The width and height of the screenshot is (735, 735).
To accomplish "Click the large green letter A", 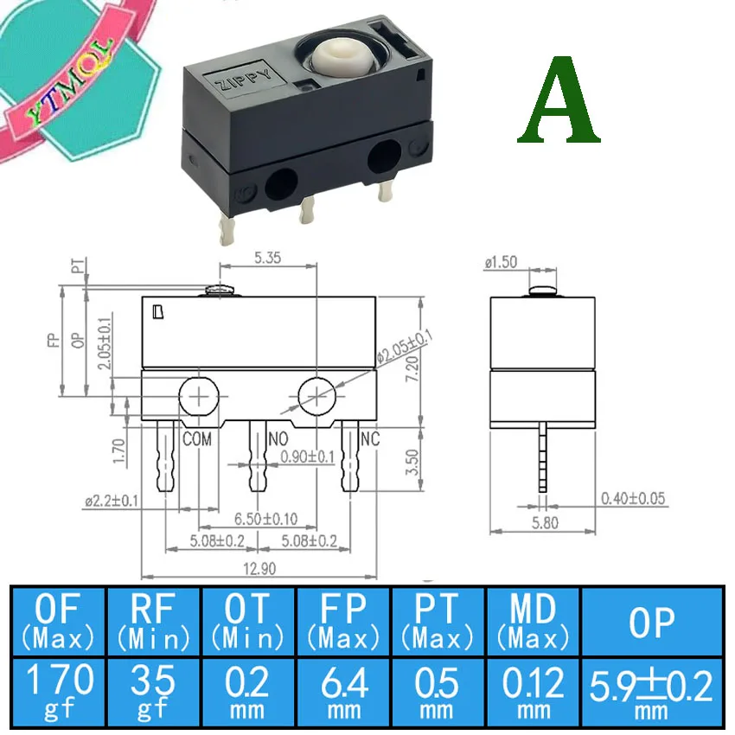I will pos(559,103).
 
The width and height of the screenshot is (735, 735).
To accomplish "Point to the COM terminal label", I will pos(197,439).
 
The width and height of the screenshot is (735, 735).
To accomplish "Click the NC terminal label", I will pos(370,439).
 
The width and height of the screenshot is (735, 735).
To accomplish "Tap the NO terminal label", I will pos(278,439).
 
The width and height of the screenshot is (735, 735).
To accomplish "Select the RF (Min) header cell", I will pos(153,622).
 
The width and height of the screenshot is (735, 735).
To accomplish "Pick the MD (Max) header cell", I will pos(533,622).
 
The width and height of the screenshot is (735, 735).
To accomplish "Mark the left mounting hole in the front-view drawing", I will pos(201,397).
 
